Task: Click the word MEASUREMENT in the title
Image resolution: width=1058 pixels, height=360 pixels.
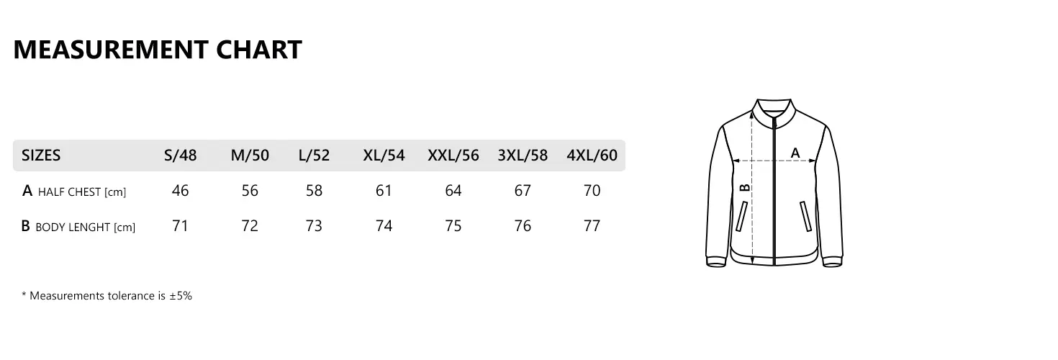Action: (111, 50)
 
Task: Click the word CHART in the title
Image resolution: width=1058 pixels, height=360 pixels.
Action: (259, 50)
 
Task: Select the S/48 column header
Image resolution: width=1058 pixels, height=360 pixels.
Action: (181, 156)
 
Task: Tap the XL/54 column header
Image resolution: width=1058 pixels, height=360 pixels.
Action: (384, 156)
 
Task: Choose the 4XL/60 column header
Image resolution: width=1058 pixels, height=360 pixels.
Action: (592, 156)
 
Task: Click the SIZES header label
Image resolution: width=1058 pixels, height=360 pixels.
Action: (41, 156)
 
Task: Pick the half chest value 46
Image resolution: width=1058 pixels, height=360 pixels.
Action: (181, 190)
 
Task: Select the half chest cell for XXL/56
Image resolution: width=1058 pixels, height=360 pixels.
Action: (453, 190)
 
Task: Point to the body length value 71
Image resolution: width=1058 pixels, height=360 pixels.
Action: (181, 226)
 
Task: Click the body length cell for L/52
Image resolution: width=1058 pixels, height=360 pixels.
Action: (314, 226)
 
